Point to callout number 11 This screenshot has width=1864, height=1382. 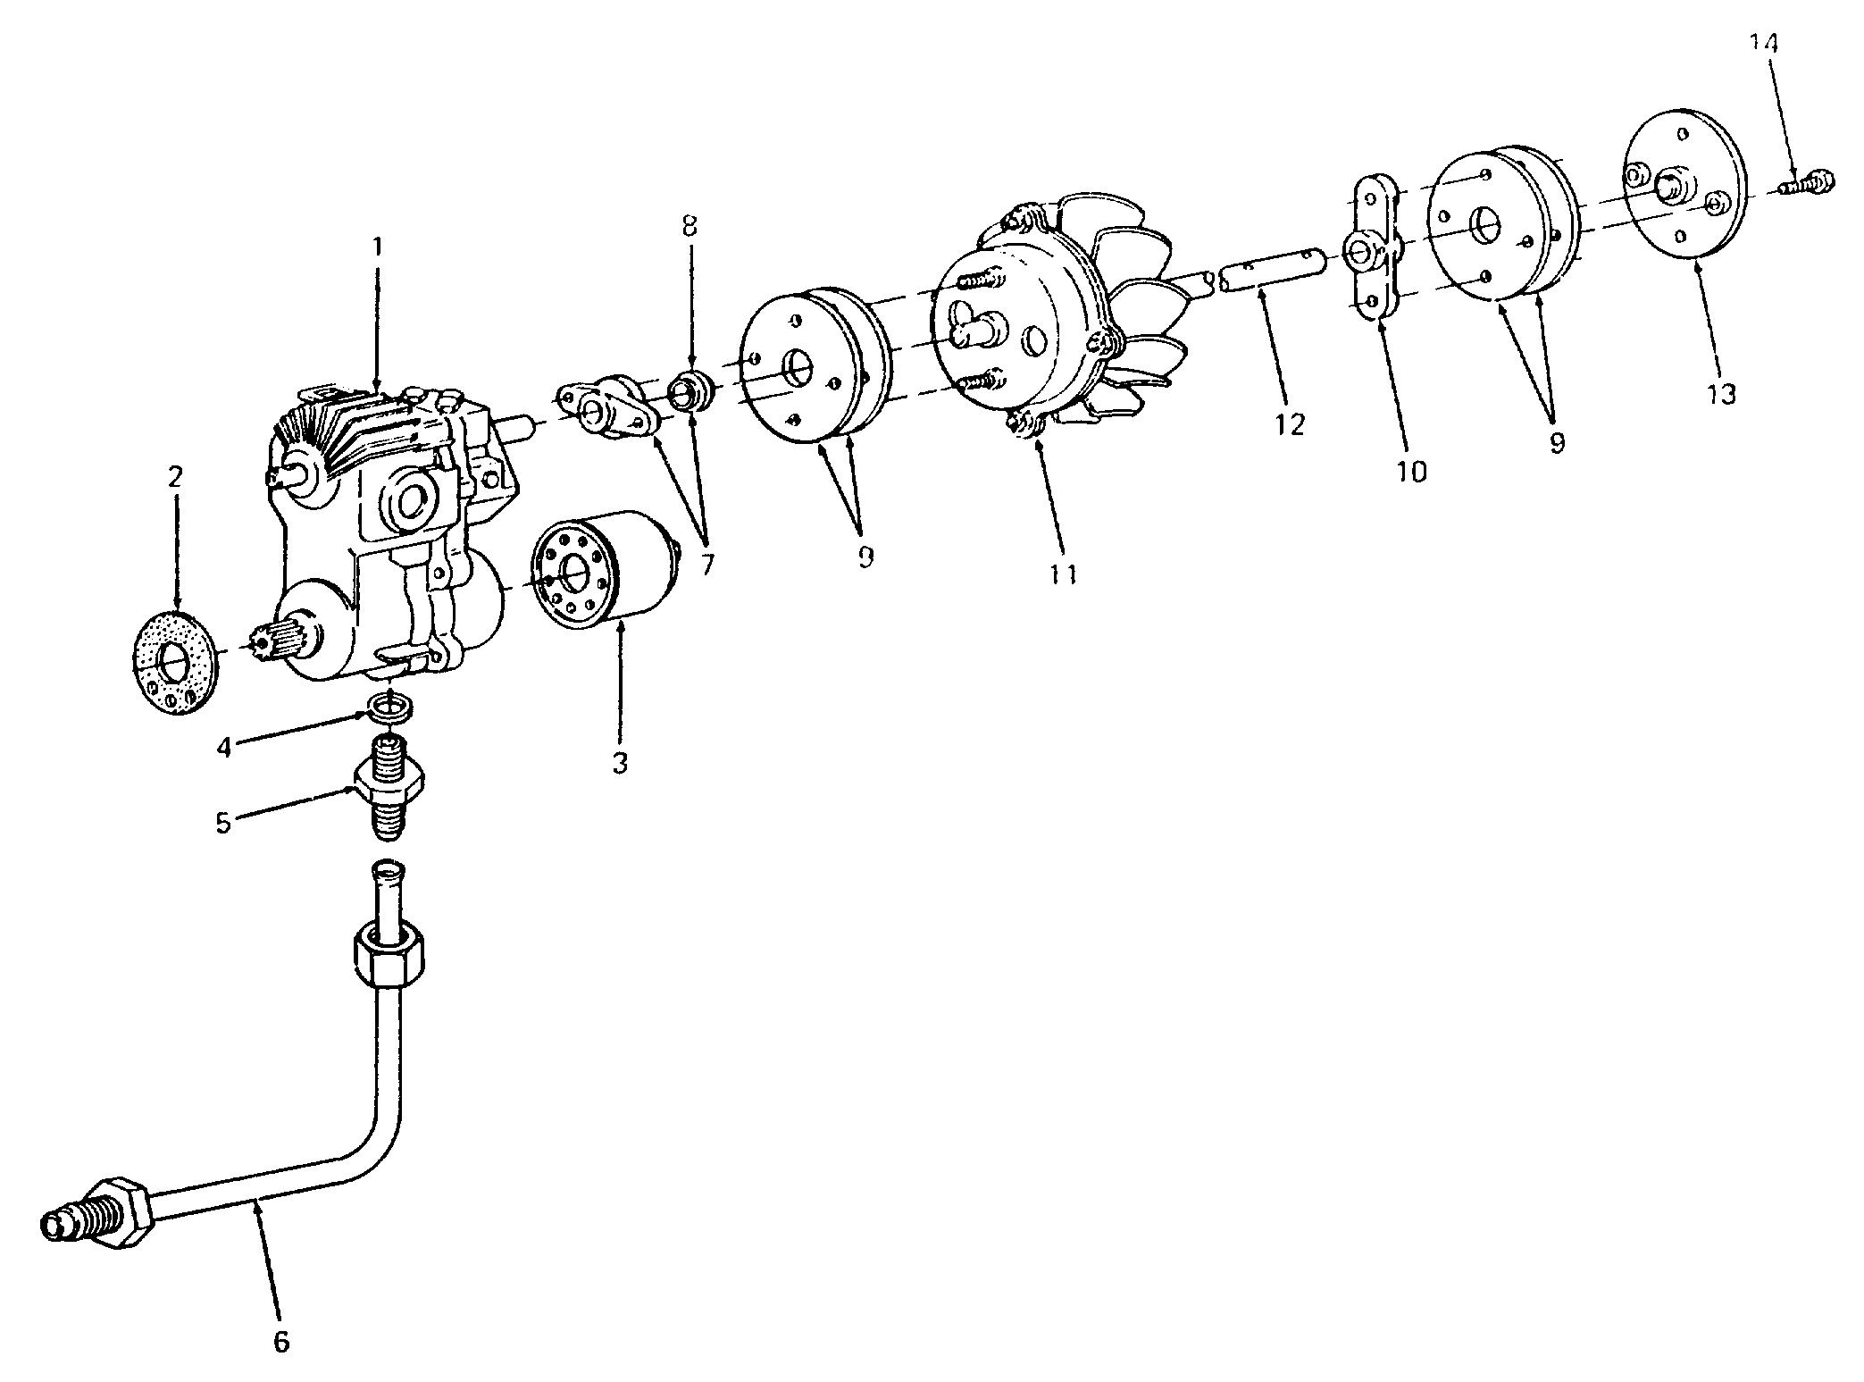point(1063,574)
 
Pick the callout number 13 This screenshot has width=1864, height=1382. point(1720,393)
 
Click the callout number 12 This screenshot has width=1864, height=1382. point(1290,424)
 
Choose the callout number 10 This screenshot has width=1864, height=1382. point(1412,471)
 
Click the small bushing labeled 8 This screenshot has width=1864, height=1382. point(690,390)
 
